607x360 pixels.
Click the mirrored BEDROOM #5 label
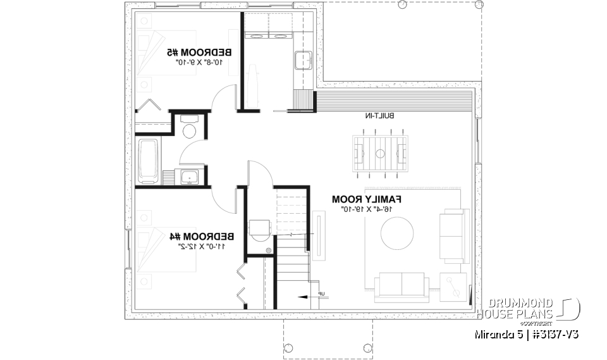click(x=199, y=51)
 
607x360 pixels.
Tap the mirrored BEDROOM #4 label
click(x=202, y=236)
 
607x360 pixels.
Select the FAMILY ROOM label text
click(x=367, y=199)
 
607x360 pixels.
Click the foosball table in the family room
click(x=380, y=152)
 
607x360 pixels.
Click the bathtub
click(x=149, y=161)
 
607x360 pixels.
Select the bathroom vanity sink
click(x=189, y=177)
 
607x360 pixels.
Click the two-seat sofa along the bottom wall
click(x=401, y=286)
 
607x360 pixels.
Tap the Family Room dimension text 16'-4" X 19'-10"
click(x=367, y=209)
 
